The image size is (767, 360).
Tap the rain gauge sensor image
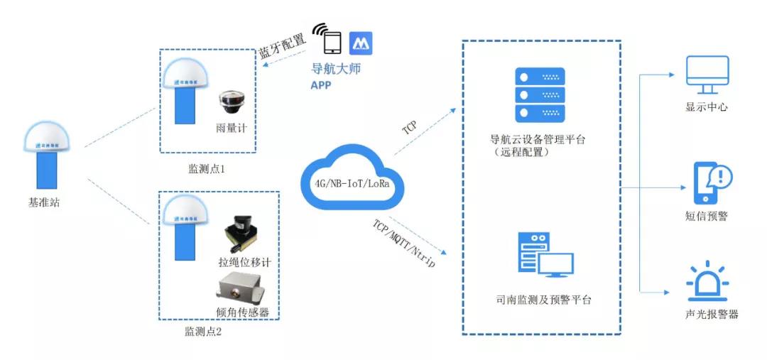(x=231, y=104)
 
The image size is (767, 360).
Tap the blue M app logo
(x=361, y=43)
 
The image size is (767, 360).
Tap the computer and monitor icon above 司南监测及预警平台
(x=545, y=257)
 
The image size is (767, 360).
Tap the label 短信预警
(x=707, y=216)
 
